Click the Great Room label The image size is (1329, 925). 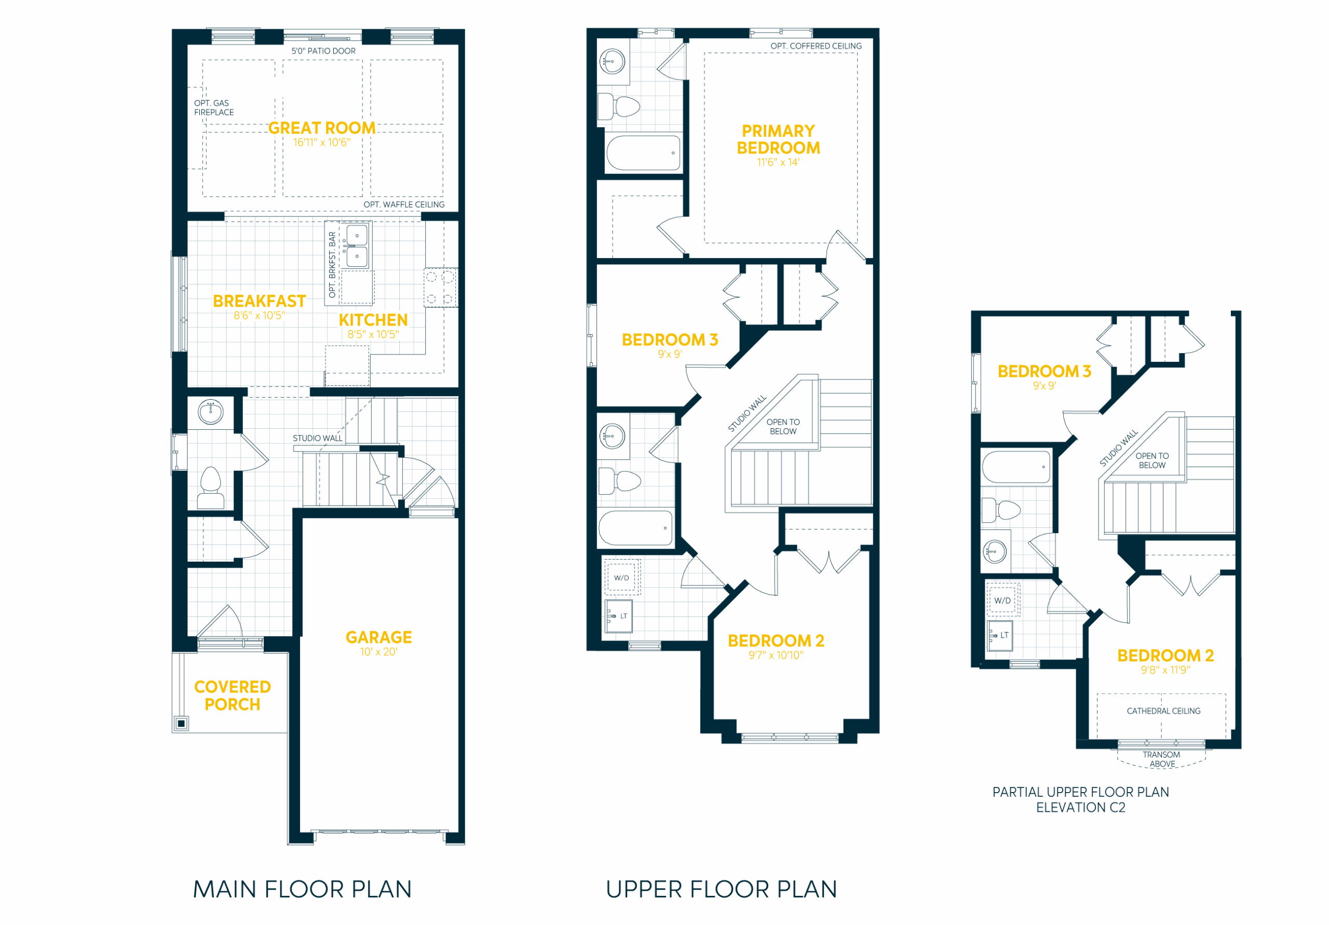(x=322, y=128)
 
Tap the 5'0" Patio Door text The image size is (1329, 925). (x=323, y=51)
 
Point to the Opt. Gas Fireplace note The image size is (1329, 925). (x=213, y=107)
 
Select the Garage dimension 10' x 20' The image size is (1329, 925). (x=378, y=652)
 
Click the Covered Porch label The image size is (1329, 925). (x=233, y=696)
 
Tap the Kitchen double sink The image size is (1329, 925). (x=357, y=246)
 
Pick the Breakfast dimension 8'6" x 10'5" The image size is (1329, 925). (x=260, y=316)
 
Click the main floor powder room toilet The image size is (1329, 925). (x=211, y=488)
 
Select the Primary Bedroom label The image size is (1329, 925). (x=779, y=140)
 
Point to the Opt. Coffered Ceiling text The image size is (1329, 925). (x=816, y=46)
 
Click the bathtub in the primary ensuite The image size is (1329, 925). (x=644, y=153)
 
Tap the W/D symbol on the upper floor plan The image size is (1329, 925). (x=621, y=578)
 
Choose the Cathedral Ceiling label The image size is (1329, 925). (x=1163, y=711)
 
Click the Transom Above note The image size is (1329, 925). (x=1162, y=759)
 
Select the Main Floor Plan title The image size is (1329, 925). (x=302, y=890)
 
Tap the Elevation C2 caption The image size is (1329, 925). (x=1081, y=808)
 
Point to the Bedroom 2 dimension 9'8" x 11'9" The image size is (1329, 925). (x=1165, y=670)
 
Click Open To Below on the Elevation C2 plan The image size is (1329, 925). (x=1152, y=461)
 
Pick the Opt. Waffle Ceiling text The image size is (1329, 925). (x=404, y=205)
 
